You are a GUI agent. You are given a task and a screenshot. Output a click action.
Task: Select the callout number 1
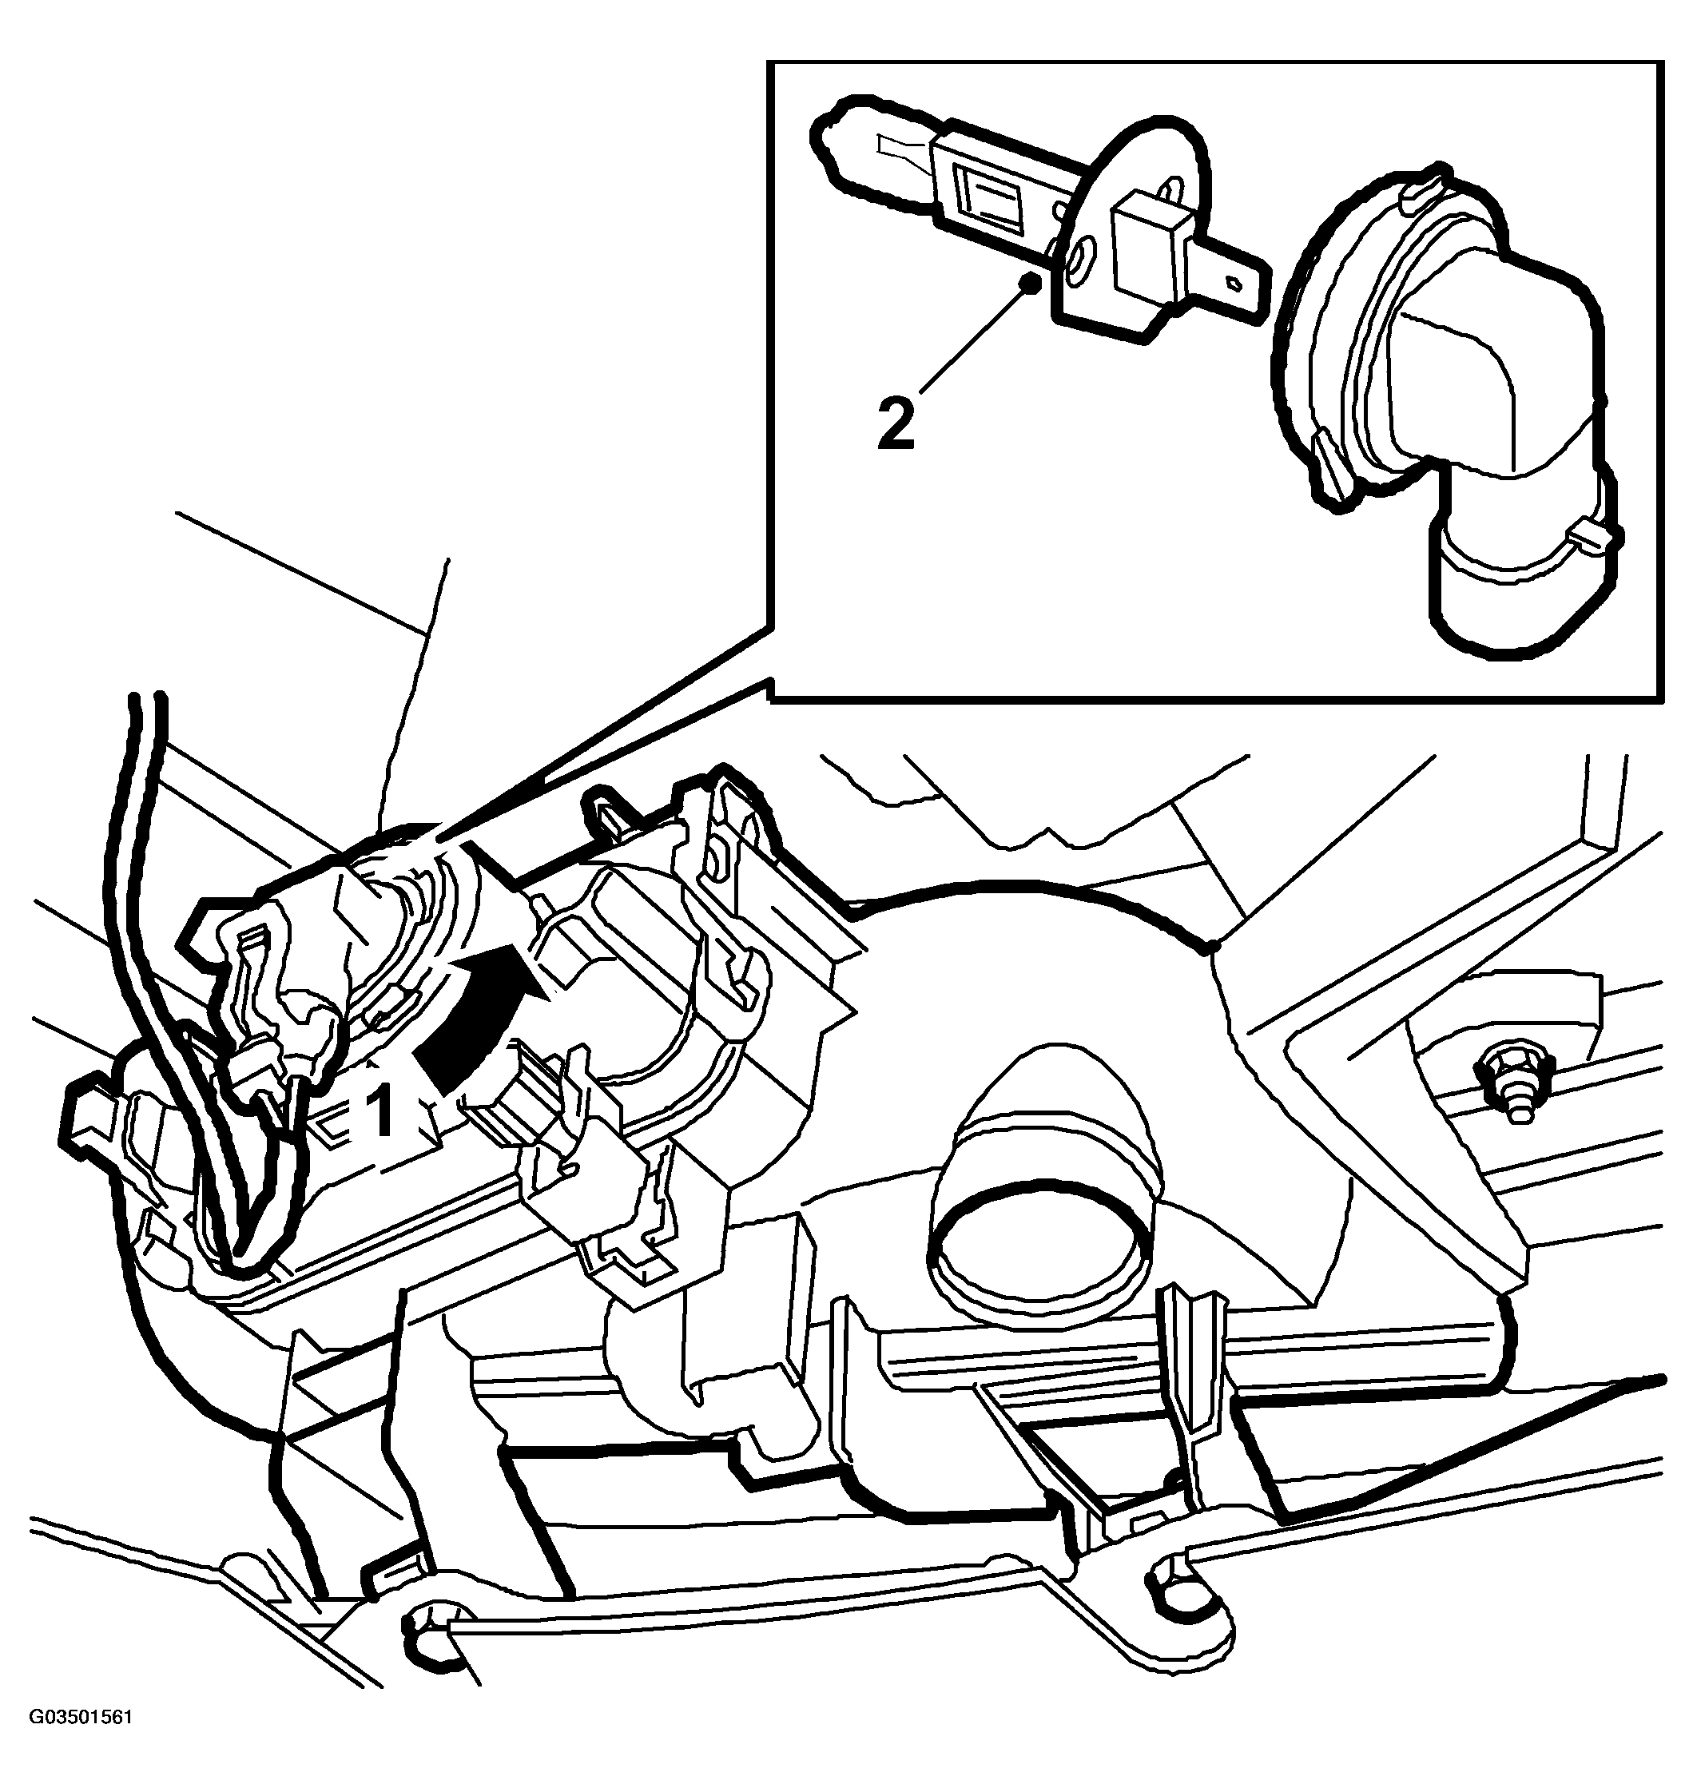383,1112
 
